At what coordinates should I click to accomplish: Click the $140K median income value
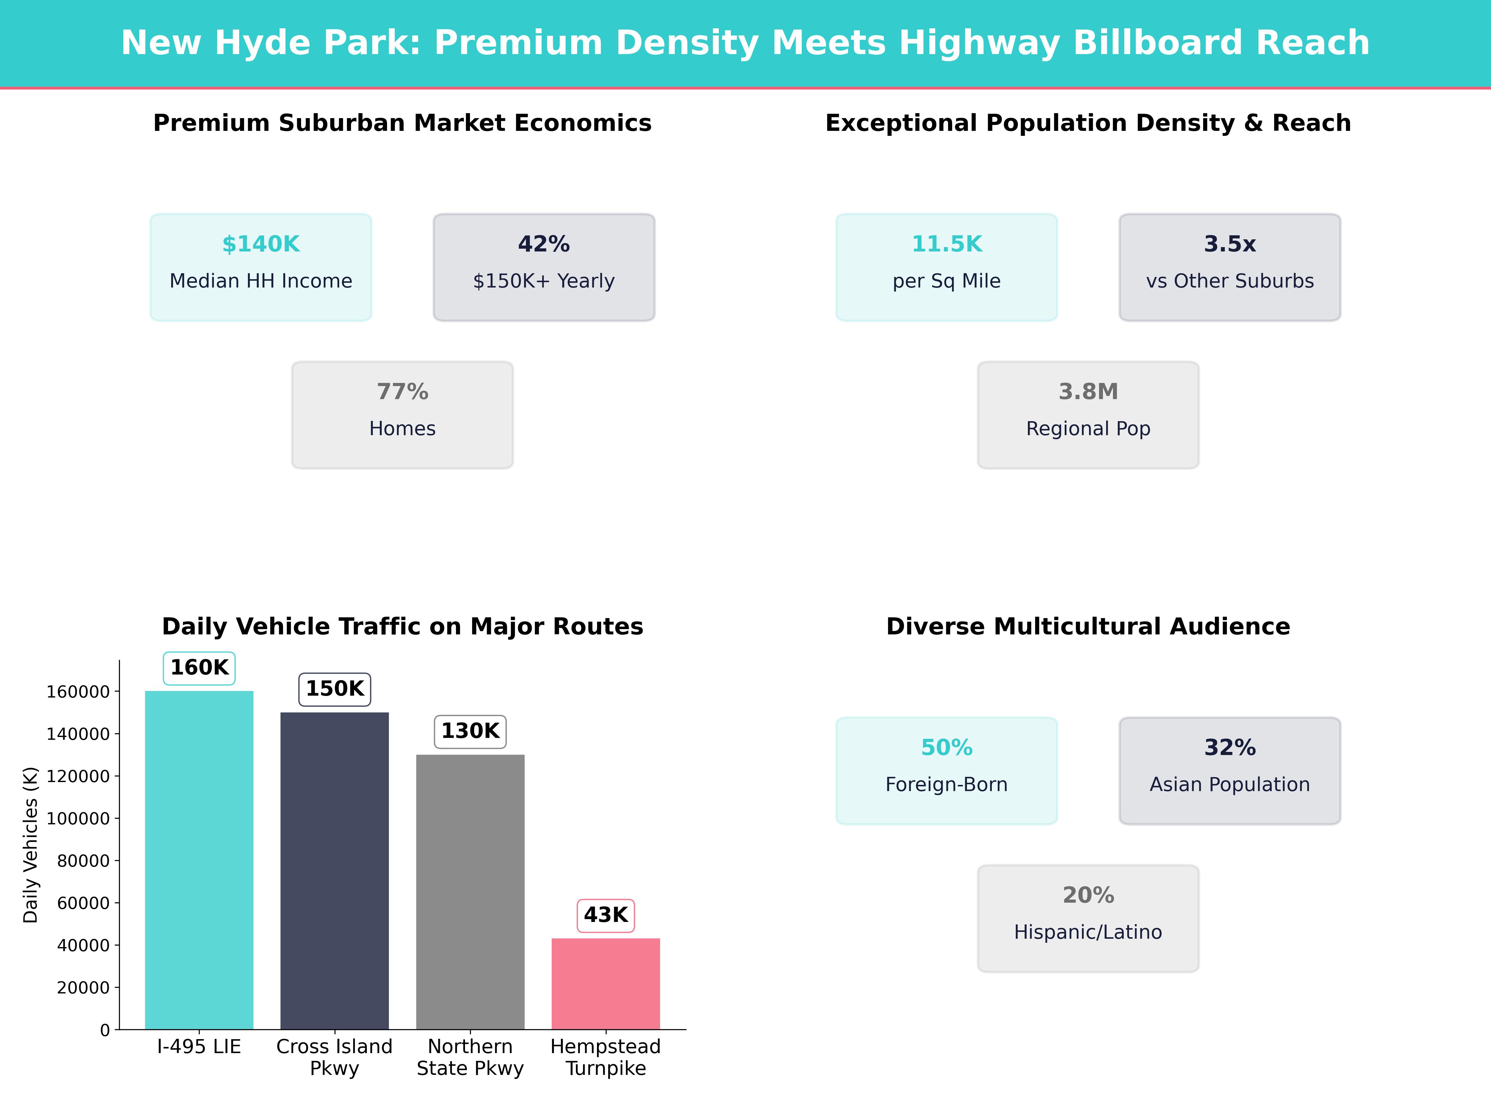[x=261, y=244]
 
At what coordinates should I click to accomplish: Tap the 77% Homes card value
[x=402, y=392]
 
